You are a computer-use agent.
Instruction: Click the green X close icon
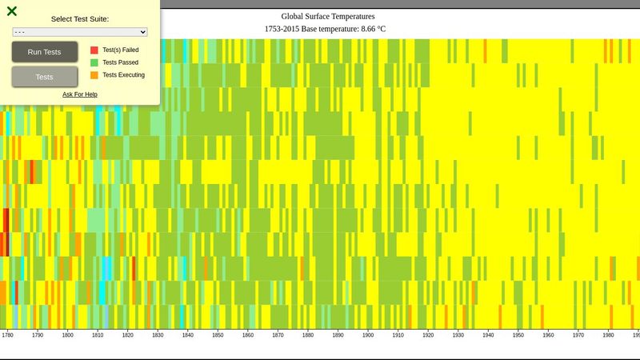point(12,11)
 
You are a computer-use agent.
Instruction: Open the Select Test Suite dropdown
point(80,32)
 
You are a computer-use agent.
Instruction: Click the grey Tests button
point(45,77)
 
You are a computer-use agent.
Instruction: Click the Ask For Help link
point(80,94)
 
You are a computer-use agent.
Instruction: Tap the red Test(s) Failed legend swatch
point(94,50)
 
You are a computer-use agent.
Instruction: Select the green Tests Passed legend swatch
point(94,62)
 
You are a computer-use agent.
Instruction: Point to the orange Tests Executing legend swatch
point(94,75)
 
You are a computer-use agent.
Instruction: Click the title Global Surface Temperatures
point(327,16)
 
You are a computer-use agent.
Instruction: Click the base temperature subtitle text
point(325,29)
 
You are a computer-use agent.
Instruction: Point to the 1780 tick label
point(7,335)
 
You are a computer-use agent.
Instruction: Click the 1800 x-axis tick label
point(67,335)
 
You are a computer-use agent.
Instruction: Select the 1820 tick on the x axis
point(127,335)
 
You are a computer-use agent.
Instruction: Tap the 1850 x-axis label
point(218,335)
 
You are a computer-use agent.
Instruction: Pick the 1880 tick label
point(308,335)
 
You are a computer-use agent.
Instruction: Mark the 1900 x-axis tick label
point(368,335)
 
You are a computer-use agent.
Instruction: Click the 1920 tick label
point(428,335)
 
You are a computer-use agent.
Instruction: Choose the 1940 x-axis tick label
point(488,335)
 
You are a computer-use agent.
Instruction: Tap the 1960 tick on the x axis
point(548,335)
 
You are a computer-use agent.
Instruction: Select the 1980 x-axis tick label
point(608,335)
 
